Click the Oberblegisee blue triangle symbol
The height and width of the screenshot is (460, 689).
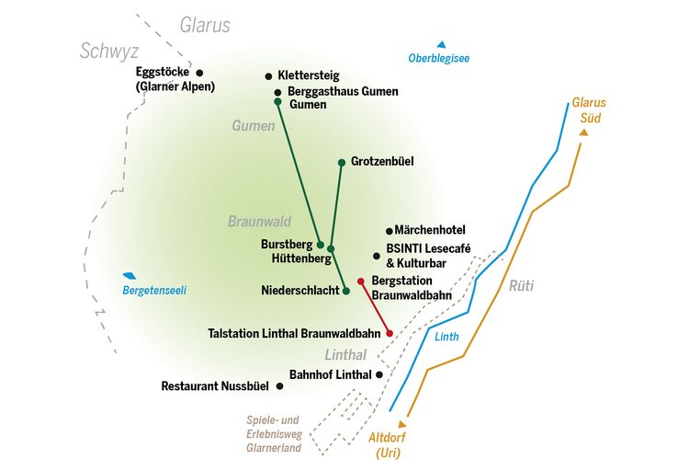pos(441,44)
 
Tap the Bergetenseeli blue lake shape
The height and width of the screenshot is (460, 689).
pos(130,276)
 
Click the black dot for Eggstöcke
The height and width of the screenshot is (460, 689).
pos(199,73)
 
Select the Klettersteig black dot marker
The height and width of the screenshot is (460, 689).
pos(268,76)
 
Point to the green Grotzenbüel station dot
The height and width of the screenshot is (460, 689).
pos(342,163)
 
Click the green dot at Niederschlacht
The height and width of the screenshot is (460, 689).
pos(346,291)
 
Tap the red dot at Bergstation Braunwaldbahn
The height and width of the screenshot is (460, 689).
pos(361,282)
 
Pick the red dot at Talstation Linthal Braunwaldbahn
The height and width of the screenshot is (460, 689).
pos(390,333)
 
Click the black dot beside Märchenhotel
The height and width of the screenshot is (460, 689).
pos(389,231)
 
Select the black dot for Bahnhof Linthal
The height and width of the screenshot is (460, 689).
pos(379,374)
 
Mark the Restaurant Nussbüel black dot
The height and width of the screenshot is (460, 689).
pos(279,386)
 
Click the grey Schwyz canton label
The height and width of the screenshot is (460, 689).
pos(109,52)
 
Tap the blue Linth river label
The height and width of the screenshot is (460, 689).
pos(446,337)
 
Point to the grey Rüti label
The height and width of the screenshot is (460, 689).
pos(521,286)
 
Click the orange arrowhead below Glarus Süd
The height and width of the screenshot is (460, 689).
pos(583,132)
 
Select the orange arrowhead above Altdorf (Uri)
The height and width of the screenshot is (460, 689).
pos(402,424)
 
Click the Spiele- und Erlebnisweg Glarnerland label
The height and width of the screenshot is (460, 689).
pos(274,434)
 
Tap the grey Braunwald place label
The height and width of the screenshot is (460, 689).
pos(259,221)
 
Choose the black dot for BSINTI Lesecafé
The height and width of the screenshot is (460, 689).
pos(377,256)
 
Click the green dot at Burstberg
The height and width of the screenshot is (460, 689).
pos(321,246)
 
